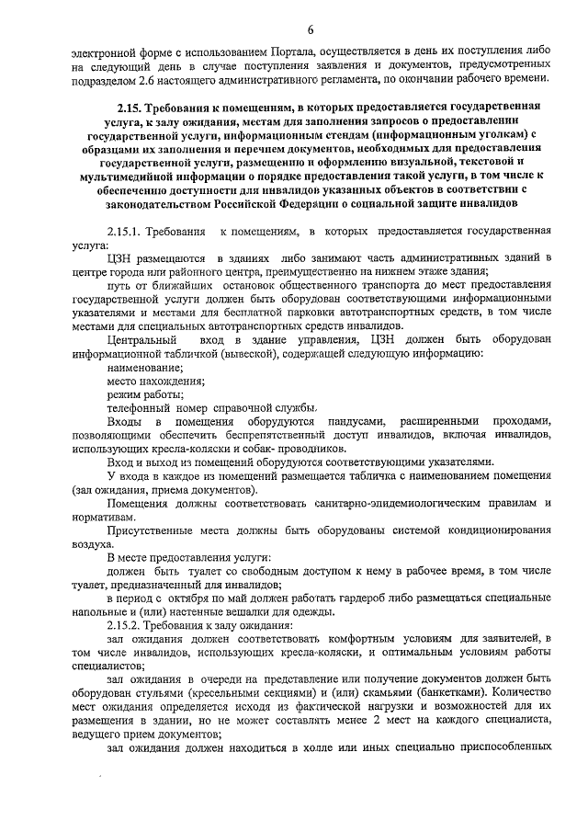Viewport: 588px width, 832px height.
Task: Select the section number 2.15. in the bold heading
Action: pos(124,108)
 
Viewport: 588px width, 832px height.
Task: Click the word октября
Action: pos(182,598)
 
